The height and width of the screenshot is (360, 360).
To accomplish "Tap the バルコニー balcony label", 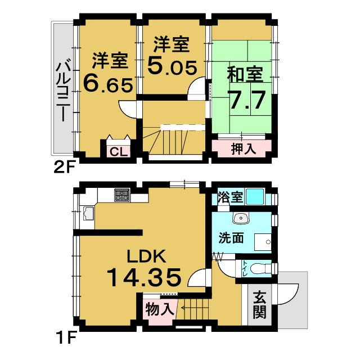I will tap(62, 91).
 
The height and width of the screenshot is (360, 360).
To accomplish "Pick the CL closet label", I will tap(118, 151).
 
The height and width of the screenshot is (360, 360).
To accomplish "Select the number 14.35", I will tap(144, 277).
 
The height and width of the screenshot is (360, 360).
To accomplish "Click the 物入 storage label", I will tap(159, 309).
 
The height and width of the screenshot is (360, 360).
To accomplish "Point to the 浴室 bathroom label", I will tap(229, 197).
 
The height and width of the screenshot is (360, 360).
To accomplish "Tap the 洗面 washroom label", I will tap(232, 237).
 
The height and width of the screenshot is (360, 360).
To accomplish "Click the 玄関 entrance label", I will tap(259, 305).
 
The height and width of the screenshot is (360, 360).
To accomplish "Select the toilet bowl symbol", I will tap(260, 269).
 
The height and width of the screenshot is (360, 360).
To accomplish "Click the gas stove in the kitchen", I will tap(122, 196).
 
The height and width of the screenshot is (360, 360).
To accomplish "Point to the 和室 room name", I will tap(245, 75).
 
